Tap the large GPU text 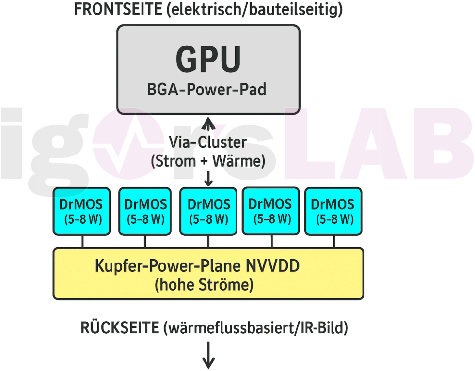pos(208,59)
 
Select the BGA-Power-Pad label pos(208,89)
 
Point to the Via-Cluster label pos(207,142)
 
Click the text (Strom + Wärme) pos(208,161)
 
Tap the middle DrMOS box pos(208,211)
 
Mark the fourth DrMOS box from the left pos(270,211)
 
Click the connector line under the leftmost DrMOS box pos(83,242)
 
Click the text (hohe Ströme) pos(204,285)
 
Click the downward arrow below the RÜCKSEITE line pos(208,356)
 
